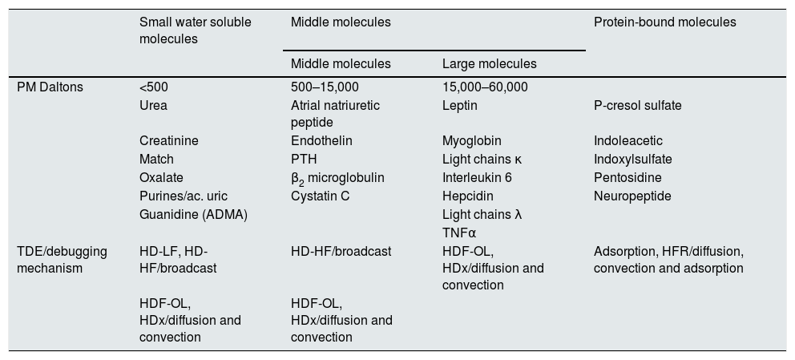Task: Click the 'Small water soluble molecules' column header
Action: (x=195, y=30)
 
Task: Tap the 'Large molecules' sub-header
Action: (x=489, y=63)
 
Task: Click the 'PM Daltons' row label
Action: (x=50, y=87)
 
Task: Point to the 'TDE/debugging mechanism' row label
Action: (x=62, y=260)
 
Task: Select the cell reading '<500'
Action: (x=154, y=87)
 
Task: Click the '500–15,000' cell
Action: (x=325, y=87)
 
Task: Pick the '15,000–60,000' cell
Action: (x=485, y=87)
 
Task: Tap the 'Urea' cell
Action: (x=153, y=105)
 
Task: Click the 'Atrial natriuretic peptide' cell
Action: (x=335, y=114)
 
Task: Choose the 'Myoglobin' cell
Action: (x=469, y=141)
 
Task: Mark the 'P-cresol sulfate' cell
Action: (x=638, y=105)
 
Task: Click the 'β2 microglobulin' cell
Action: (x=337, y=178)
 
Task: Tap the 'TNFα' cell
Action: (x=459, y=233)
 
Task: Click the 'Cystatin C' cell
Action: (x=321, y=196)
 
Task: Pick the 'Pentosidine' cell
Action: (x=628, y=177)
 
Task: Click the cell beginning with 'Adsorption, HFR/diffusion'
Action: (x=668, y=260)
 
